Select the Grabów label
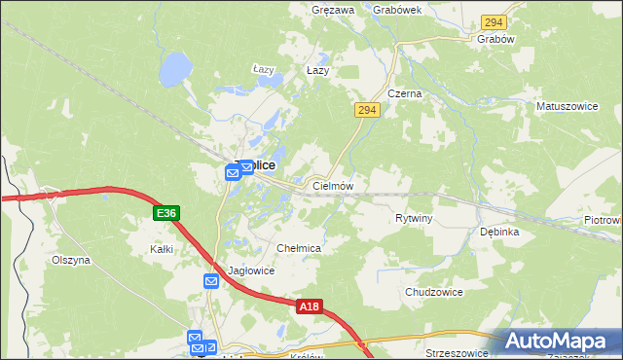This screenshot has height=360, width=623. point(495,39)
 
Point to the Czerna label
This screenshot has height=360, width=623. point(404,93)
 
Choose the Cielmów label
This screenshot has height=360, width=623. point(332,185)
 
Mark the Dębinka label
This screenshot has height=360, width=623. point(499,233)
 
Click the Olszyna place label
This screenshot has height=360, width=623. point(70,261)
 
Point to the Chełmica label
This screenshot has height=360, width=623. point(299,249)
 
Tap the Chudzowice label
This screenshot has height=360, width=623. point(433,292)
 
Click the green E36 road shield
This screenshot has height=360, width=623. point(165,212)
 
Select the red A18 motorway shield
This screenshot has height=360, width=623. point(309,307)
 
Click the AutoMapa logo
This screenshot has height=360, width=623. point(563,342)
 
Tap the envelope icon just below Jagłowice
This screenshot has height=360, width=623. point(211,281)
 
